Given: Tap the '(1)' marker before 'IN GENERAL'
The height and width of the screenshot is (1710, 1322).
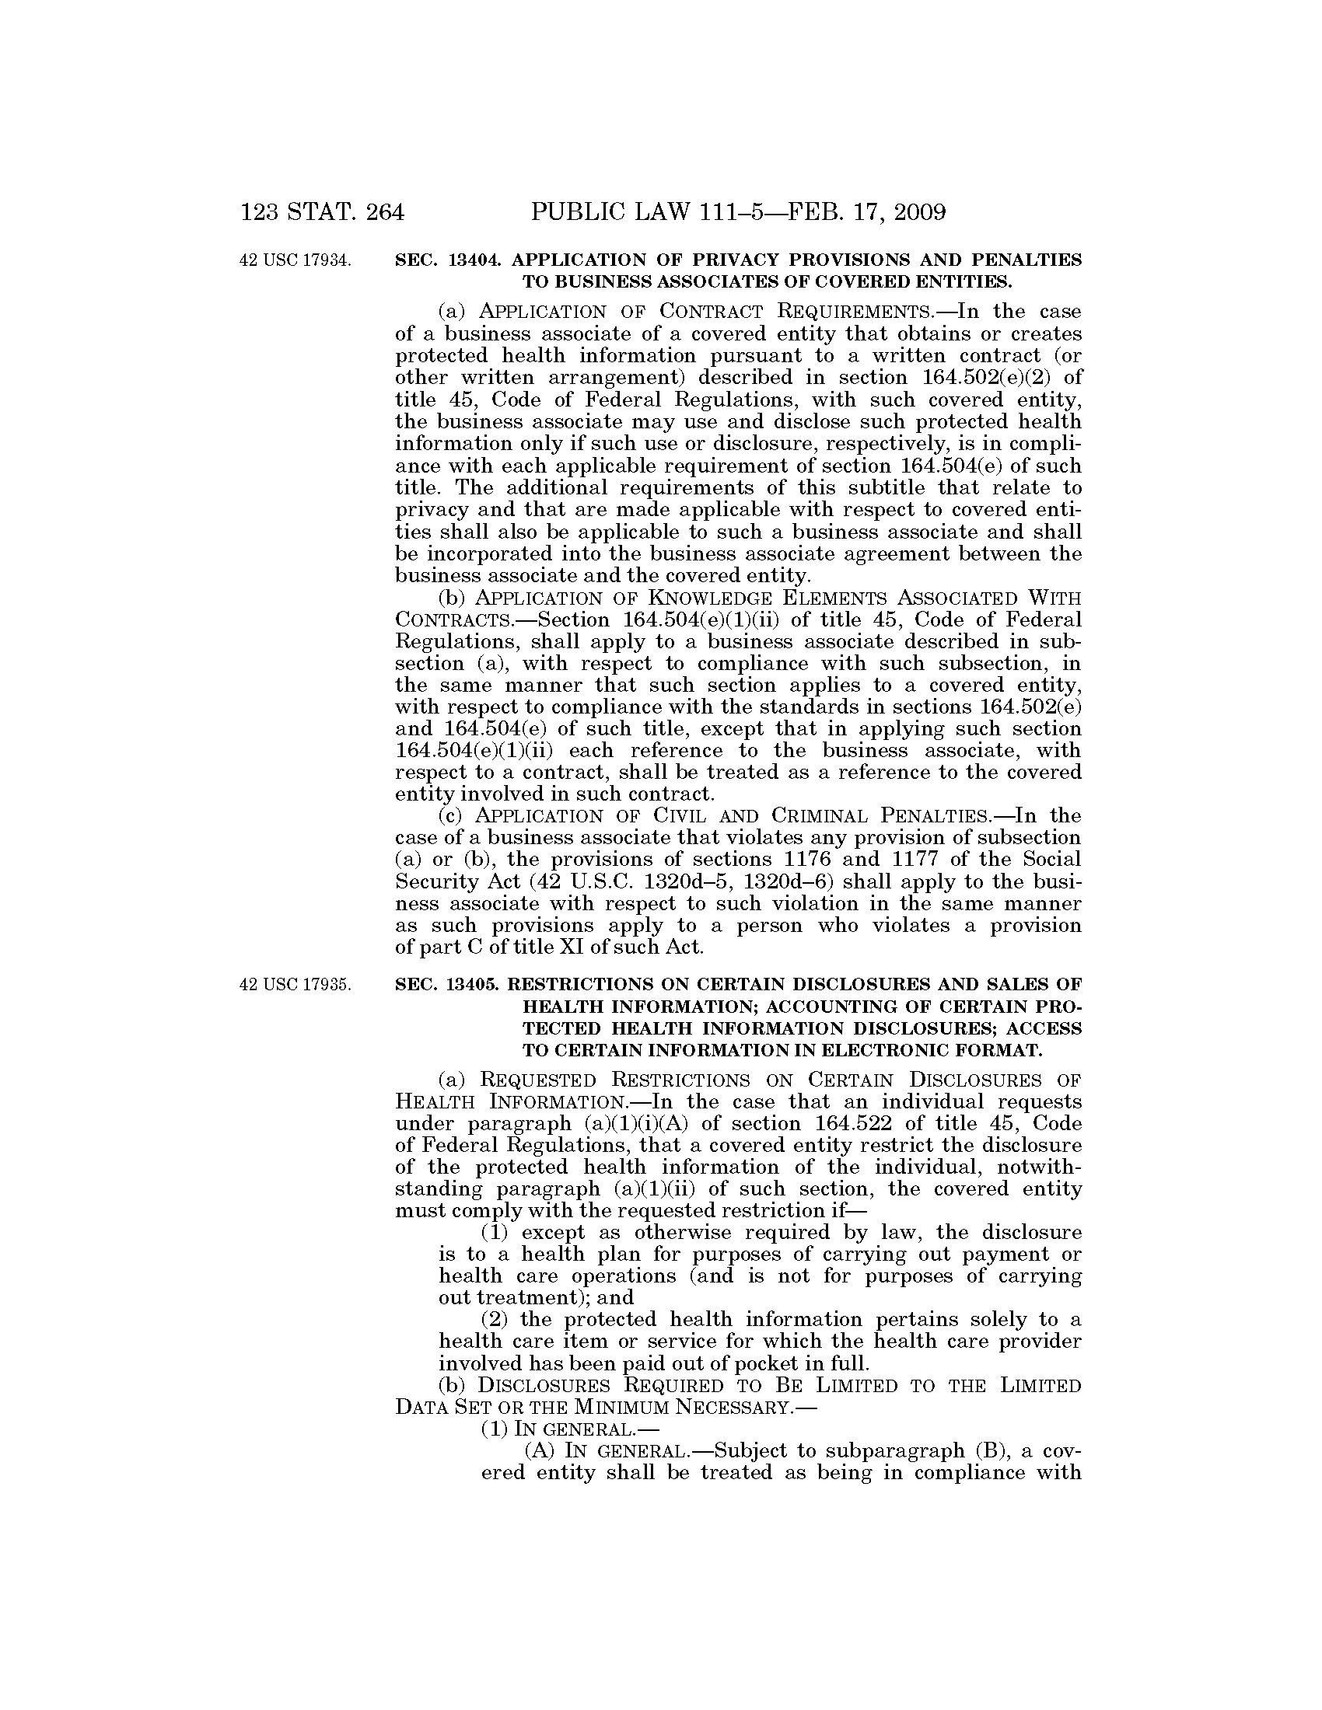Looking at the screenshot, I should point(494,1429).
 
